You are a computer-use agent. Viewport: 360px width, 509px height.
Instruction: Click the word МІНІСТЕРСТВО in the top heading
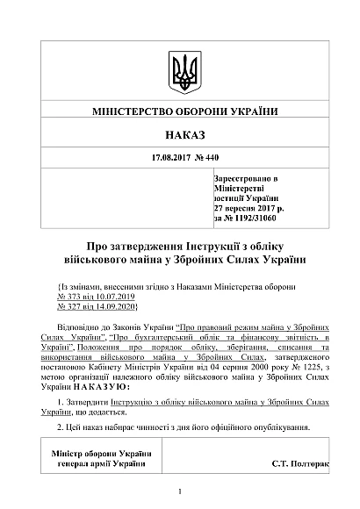pos(132,111)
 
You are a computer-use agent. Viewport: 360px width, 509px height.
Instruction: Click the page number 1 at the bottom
pos(179,491)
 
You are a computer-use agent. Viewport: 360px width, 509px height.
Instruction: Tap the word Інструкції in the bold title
pos(194,245)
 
